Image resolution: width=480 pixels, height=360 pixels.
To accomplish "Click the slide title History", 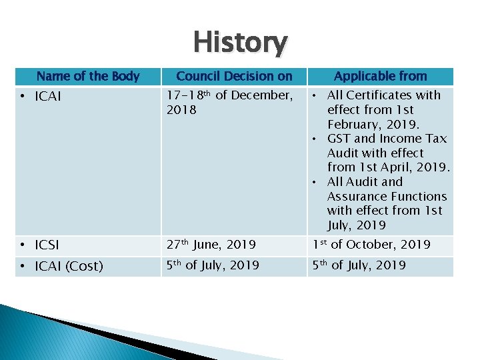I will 240,43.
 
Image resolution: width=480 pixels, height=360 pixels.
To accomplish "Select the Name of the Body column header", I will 87,77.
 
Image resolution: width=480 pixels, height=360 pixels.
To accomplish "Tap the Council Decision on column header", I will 234,77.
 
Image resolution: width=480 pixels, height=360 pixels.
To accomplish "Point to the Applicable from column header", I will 380,77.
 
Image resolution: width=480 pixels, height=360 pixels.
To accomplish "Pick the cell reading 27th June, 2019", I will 212,245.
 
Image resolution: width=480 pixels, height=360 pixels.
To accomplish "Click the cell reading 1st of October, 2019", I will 372,245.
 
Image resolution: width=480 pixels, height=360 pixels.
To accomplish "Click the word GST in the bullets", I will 339,139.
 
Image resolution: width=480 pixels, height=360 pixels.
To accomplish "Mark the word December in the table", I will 261,95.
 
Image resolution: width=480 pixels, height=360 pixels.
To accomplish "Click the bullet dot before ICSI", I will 22,245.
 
